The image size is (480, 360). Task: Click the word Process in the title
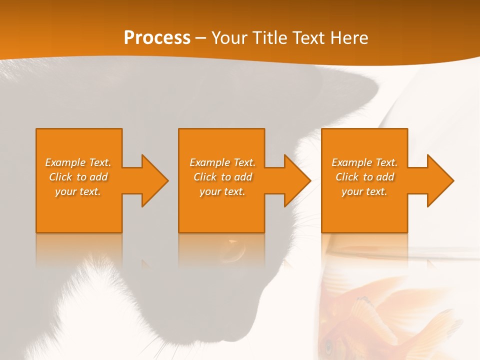tap(157, 38)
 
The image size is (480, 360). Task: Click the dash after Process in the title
tap(200, 38)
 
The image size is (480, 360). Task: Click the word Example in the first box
tap(65, 162)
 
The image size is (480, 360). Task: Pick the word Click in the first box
tap(60, 177)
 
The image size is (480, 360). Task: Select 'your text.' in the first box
tap(78, 191)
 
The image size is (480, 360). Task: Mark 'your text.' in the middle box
tap(222, 191)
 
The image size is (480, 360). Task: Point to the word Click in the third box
tap(347, 177)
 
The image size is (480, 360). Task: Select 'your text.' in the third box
tap(364, 191)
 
